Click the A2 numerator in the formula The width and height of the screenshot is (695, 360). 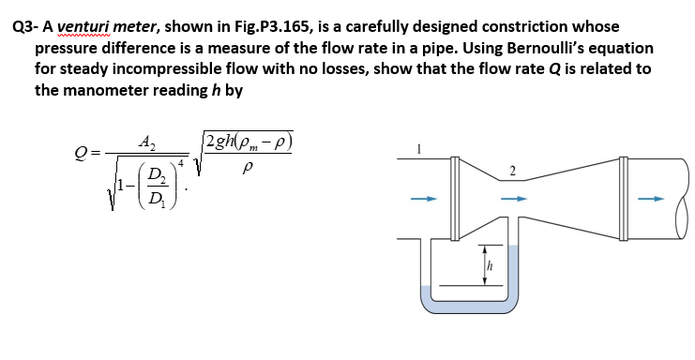[x=146, y=142]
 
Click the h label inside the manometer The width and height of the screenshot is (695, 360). [x=488, y=268]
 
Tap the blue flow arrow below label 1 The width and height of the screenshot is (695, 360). [x=427, y=198]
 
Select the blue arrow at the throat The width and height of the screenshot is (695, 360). [x=512, y=198]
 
